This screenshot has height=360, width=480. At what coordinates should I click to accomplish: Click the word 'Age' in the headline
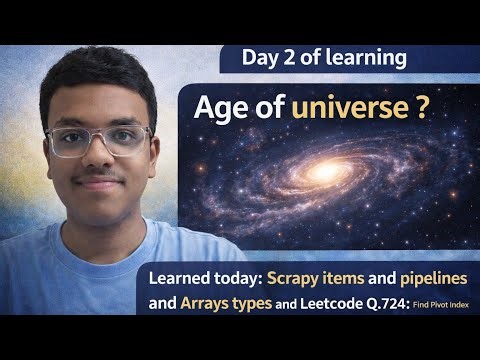pos(224,109)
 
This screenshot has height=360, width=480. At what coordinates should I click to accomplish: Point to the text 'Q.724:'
pos(393,301)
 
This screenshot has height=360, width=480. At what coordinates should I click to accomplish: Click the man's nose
pos(99,160)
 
